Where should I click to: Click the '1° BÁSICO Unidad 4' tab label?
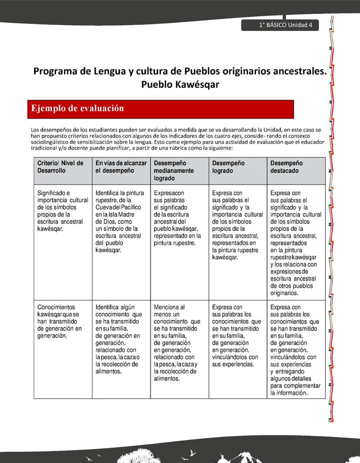(285, 25)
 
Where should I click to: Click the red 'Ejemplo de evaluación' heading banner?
(160, 108)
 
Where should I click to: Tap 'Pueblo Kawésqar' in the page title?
(180, 84)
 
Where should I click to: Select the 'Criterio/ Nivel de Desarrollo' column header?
(60, 167)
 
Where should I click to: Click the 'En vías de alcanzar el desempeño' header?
(121, 167)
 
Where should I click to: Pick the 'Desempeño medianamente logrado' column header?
(179, 170)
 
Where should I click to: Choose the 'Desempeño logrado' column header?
(237, 167)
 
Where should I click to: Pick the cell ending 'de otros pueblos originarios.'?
(295, 242)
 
